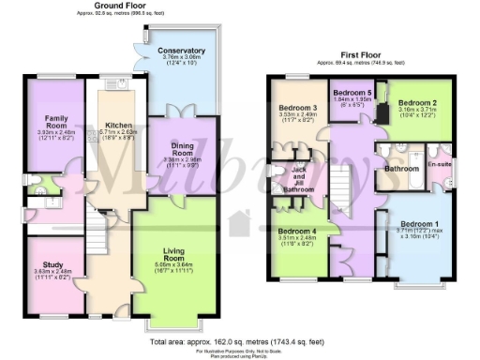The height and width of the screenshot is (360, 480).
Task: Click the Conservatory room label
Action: click(182, 50)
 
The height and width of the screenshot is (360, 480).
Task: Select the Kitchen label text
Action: click(117, 125)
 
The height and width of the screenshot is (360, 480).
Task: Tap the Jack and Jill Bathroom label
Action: click(300, 177)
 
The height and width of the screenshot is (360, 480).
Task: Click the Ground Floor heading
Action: click(123, 6)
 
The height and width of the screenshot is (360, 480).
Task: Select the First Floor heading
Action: click(363, 54)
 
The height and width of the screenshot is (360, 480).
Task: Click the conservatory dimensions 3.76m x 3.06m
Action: click(182, 58)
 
